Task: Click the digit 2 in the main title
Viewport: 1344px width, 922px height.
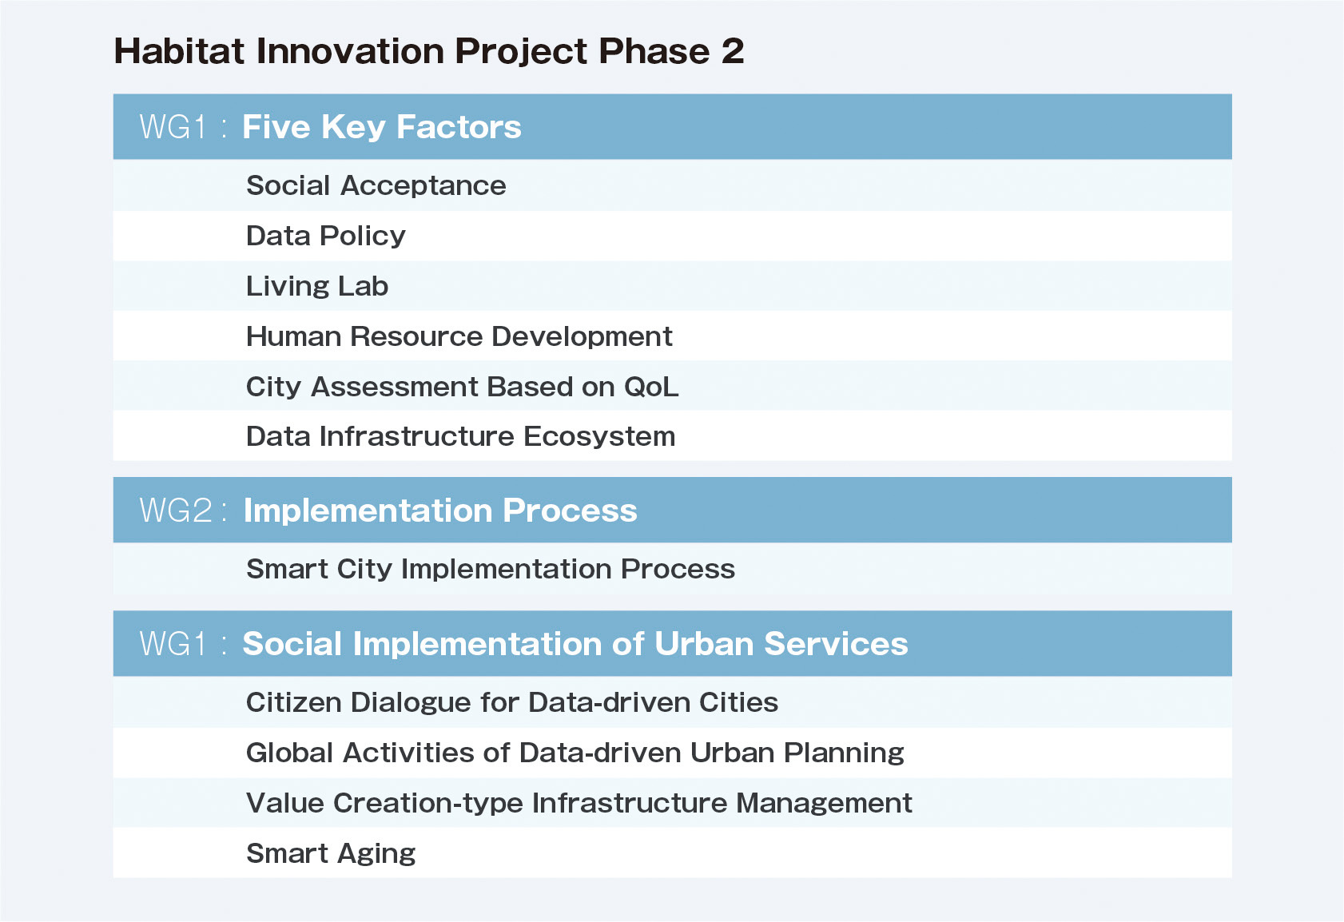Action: pyautogui.click(x=733, y=50)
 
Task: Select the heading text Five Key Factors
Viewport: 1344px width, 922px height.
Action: pyautogui.click(x=382, y=127)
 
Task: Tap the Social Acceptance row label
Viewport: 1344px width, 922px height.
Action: pyautogui.click(x=376, y=185)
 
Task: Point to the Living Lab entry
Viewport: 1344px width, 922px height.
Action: pyautogui.click(x=317, y=286)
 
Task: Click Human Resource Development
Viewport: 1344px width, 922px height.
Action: pyautogui.click(x=459, y=336)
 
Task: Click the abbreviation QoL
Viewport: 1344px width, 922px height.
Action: pyautogui.click(x=651, y=387)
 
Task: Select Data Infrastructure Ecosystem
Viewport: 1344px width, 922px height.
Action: pyautogui.click(x=461, y=436)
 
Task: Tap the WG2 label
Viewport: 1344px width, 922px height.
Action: pyautogui.click(x=177, y=511)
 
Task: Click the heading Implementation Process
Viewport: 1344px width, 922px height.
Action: pyautogui.click(x=440, y=511)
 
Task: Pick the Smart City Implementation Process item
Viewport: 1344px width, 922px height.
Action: pyautogui.click(x=491, y=569)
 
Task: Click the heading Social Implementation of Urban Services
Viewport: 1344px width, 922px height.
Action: pyautogui.click(x=575, y=644)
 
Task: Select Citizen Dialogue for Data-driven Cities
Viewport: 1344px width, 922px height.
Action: pyautogui.click(x=512, y=702)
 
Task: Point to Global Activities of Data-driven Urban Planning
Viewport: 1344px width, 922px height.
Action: pyautogui.click(x=575, y=753)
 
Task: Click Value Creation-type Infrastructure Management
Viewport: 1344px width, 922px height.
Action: pyautogui.click(x=579, y=803)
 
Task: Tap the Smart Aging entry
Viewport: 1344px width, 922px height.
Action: pyautogui.click(x=331, y=853)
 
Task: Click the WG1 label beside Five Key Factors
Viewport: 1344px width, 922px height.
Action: pyautogui.click(x=173, y=127)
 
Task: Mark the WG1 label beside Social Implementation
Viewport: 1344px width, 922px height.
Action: pyautogui.click(x=173, y=644)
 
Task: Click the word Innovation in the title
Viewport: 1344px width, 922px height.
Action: pyautogui.click(x=350, y=50)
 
